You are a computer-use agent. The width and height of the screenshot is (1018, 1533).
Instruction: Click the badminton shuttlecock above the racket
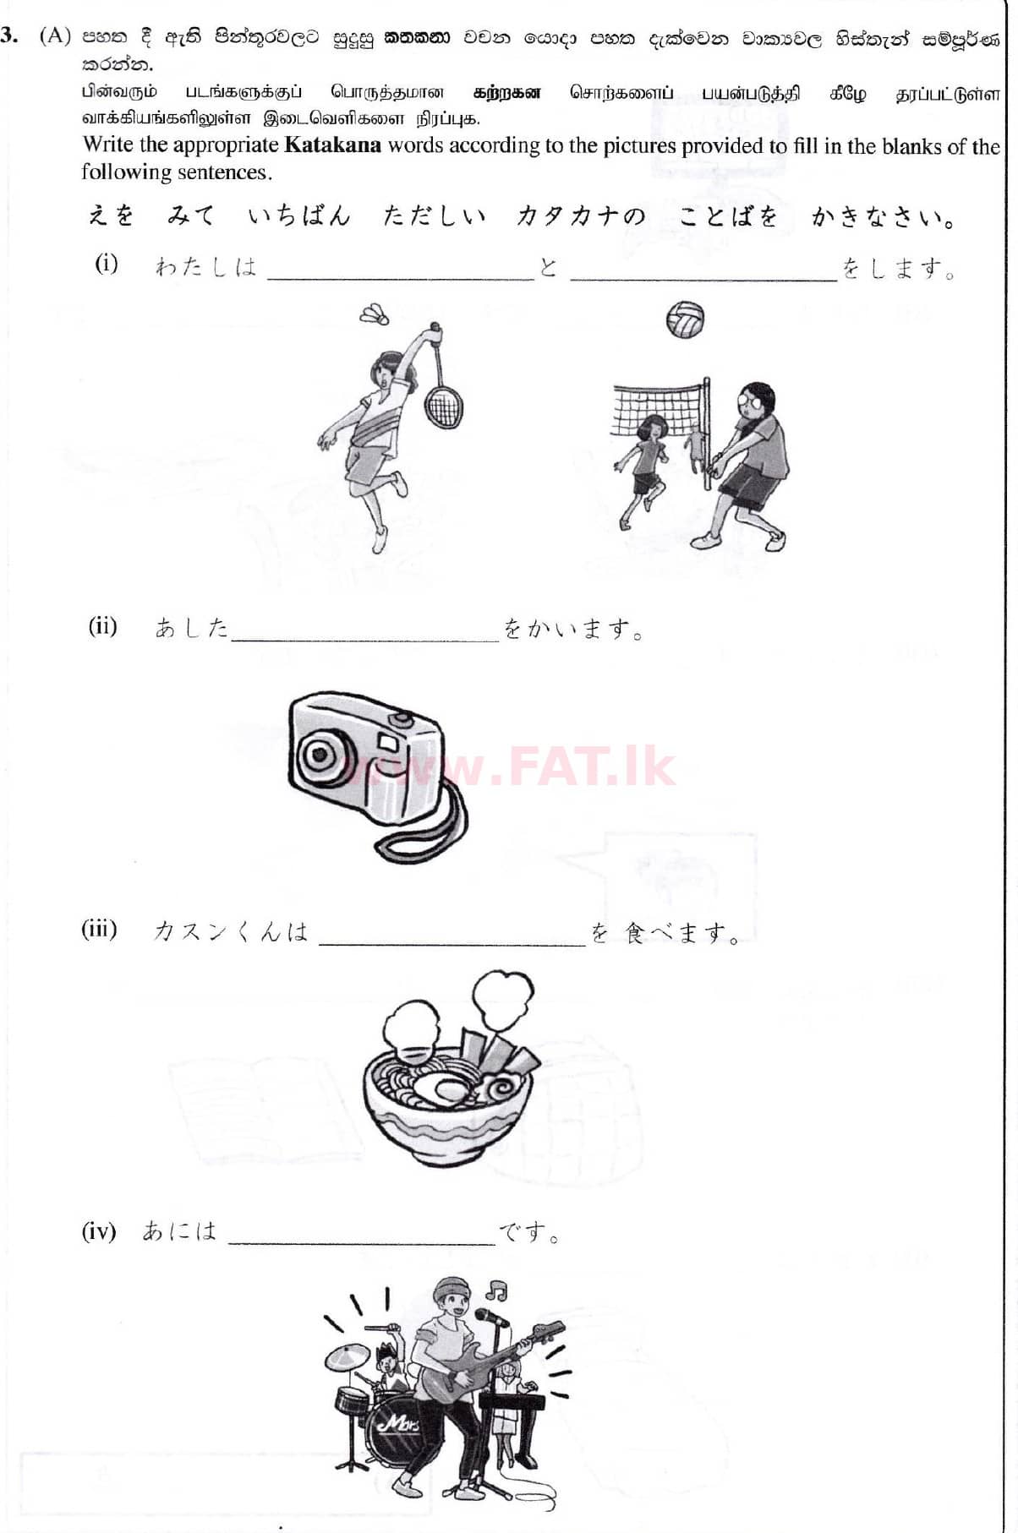tap(374, 314)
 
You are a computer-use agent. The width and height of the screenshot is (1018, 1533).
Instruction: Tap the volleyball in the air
tap(685, 319)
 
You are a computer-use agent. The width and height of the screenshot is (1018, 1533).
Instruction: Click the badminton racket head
tap(441, 406)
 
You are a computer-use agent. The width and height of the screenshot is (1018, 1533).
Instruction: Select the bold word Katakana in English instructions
tap(332, 145)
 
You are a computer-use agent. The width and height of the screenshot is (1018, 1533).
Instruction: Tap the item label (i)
tap(107, 264)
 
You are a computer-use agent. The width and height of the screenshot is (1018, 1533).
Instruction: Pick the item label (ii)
tap(103, 626)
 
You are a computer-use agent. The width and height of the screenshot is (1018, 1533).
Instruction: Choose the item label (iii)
tap(99, 929)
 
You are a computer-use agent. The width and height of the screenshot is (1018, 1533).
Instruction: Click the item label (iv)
tap(99, 1230)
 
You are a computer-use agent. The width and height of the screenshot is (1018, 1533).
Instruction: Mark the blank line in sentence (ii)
tap(365, 641)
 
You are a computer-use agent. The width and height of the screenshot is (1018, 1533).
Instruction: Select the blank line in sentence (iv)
tap(362, 1244)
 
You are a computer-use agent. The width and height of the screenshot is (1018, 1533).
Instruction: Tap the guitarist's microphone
tap(491, 1317)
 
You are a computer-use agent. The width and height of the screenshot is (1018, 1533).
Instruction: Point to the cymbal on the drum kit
tap(348, 1357)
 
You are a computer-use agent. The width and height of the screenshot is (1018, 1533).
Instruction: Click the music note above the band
tap(496, 1290)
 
